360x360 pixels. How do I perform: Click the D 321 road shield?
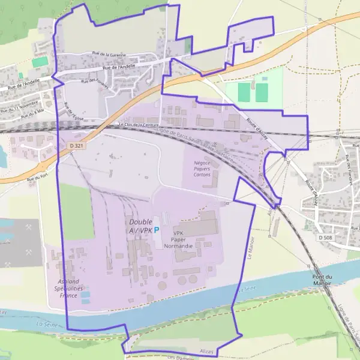coord(74,146)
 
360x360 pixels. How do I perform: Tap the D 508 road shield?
coord(325,238)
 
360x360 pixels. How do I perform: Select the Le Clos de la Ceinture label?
coord(137,125)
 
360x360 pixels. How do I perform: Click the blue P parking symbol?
coord(157,229)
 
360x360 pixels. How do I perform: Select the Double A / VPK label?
coord(140,226)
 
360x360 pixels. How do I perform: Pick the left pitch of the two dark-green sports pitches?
coord(244,92)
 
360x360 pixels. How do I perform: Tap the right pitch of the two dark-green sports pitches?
coord(262,92)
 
